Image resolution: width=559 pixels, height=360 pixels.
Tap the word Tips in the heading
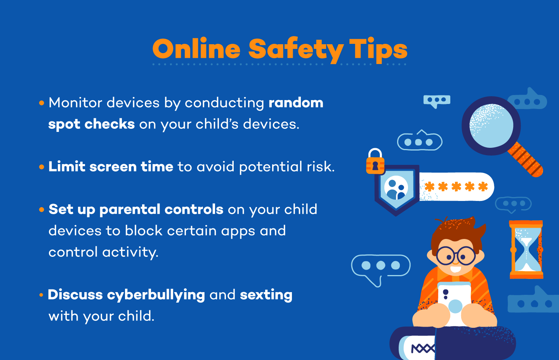click(378, 50)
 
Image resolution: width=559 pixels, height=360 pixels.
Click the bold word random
click(296, 103)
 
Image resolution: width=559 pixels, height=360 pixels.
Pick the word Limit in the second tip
click(67, 166)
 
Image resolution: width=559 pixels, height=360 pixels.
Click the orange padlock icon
click(375, 161)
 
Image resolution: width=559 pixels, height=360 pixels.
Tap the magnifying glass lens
click(491, 126)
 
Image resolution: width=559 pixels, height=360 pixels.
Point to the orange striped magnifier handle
click(526, 159)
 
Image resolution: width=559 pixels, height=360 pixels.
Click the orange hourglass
click(526, 249)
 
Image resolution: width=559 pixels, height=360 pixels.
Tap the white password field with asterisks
click(456, 187)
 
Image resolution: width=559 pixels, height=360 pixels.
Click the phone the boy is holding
click(455, 303)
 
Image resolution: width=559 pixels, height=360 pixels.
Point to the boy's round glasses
click(456, 256)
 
